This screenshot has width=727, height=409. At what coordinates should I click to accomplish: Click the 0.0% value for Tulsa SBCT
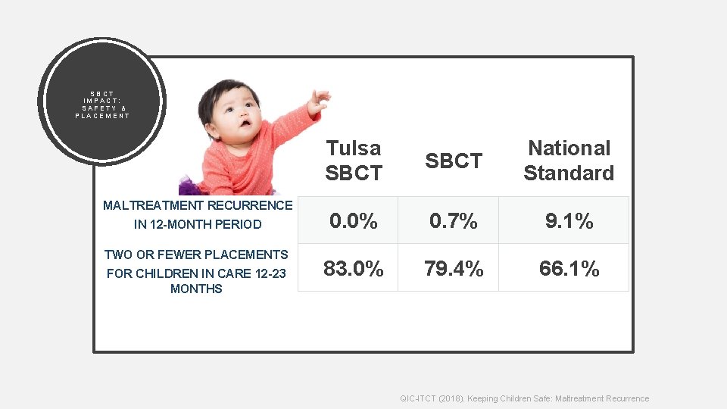(354, 221)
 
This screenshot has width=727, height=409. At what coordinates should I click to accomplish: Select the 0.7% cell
(454, 221)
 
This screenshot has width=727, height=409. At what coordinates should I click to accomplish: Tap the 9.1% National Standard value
(569, 221)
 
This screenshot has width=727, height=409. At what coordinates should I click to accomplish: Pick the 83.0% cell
(354, 268)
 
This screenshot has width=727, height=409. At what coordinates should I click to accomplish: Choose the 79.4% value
(454, 268)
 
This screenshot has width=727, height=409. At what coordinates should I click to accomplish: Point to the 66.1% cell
(569, 268)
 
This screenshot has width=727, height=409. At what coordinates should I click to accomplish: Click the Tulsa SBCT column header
(354, 160)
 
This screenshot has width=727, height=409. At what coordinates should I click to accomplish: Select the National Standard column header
(569, 160)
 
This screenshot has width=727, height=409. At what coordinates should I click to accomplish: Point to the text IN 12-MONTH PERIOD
(198, 224)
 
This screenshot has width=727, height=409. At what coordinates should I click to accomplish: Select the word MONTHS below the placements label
(196, 289)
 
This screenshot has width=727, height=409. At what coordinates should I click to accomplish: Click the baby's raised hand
(318, 99)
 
